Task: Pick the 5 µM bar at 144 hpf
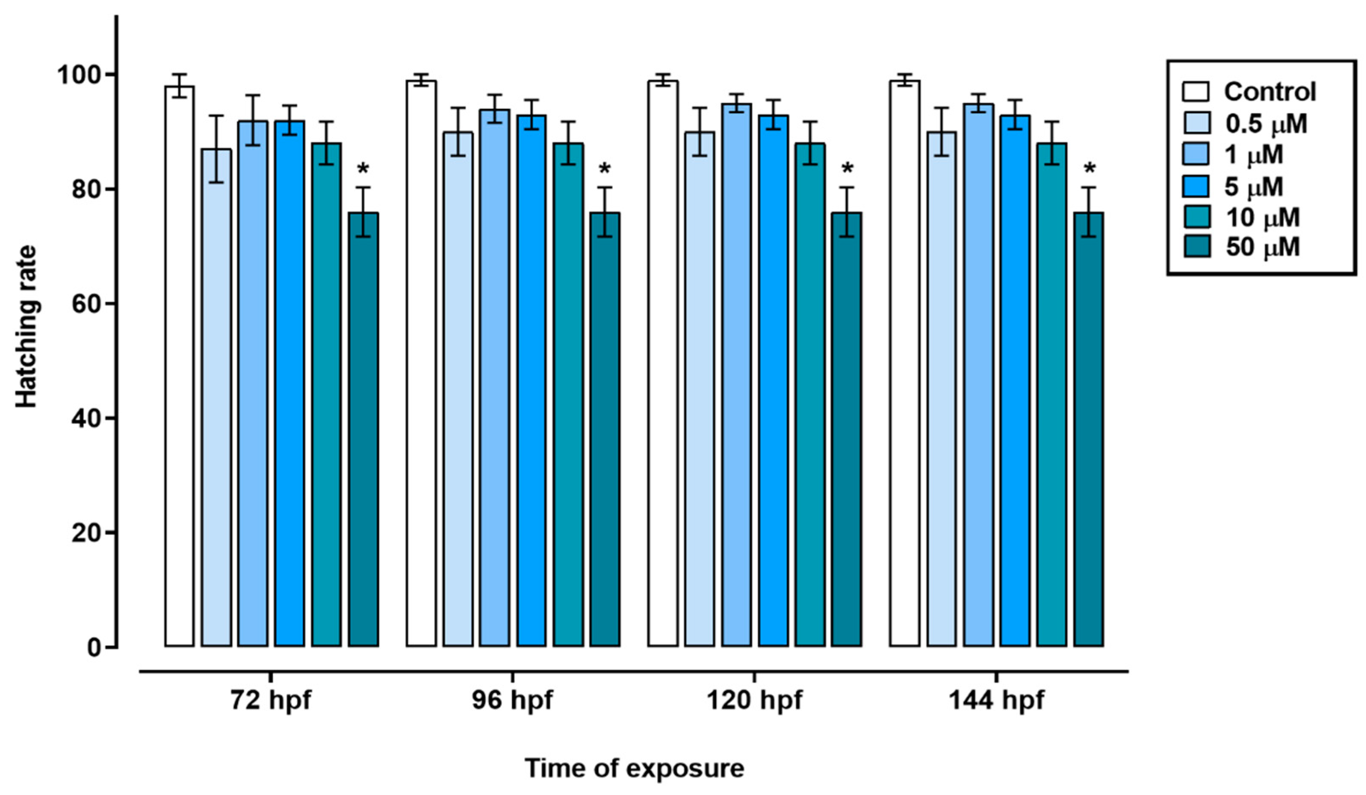(1015, 380)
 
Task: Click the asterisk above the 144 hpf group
(1089, 169)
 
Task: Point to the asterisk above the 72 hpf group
(363, 169)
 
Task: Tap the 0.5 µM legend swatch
(1195, 124)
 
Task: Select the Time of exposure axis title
(634, 769)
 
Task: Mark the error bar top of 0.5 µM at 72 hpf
(216, 116)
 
